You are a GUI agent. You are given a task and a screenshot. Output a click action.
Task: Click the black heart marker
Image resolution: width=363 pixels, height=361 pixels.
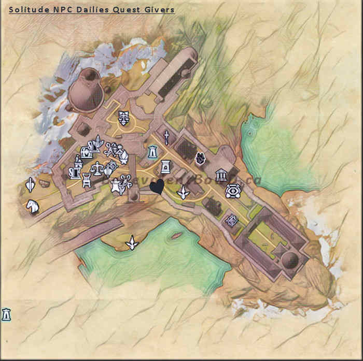point(157,186)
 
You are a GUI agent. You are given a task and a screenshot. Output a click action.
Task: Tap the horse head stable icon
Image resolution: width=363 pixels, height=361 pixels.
point(32,207)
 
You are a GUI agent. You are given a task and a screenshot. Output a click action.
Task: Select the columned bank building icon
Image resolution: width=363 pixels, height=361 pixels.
point(221,175)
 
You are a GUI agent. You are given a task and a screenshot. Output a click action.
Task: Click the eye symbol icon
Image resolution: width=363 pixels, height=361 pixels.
point(232,192)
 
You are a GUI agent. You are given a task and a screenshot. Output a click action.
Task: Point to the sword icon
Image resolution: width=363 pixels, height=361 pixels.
point(166,137)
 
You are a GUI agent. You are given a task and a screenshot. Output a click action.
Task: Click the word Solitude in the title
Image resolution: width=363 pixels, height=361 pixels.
point(26,9)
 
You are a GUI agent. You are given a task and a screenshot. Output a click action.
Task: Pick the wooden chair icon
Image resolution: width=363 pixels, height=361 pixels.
point(87,180)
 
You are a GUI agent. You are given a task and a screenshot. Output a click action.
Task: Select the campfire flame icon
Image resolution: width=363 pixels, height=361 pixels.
point(200,158)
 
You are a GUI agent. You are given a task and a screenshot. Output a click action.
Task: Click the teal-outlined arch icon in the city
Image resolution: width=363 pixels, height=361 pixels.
point(152,152)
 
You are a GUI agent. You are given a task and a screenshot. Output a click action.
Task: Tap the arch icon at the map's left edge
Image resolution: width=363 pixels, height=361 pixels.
point(6,314)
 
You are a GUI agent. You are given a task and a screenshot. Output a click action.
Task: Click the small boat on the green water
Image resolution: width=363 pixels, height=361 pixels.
point(176,236)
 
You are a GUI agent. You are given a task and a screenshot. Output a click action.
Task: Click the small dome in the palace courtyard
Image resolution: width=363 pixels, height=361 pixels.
point(290,259)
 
